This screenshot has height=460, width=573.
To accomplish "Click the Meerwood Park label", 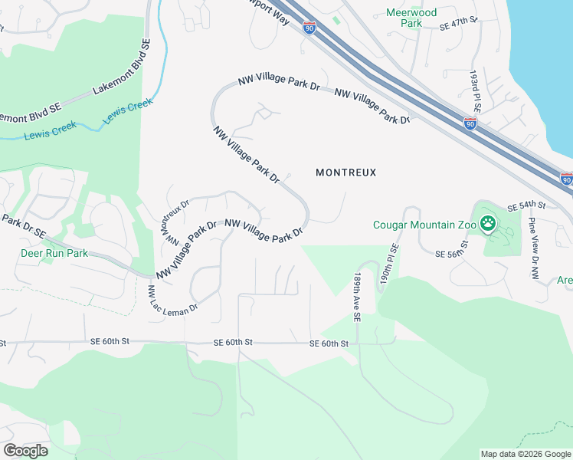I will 411,18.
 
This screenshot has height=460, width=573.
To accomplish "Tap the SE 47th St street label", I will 459,26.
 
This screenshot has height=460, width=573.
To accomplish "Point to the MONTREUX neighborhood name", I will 346,172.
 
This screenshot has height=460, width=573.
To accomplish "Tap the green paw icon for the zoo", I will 488,224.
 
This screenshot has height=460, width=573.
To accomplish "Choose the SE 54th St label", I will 526,206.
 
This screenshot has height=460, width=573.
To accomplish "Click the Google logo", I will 25,450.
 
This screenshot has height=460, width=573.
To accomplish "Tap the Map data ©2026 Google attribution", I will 525,454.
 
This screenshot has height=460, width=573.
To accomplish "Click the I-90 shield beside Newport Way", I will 309,28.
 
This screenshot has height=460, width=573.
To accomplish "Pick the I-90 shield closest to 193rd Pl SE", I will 470,123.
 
